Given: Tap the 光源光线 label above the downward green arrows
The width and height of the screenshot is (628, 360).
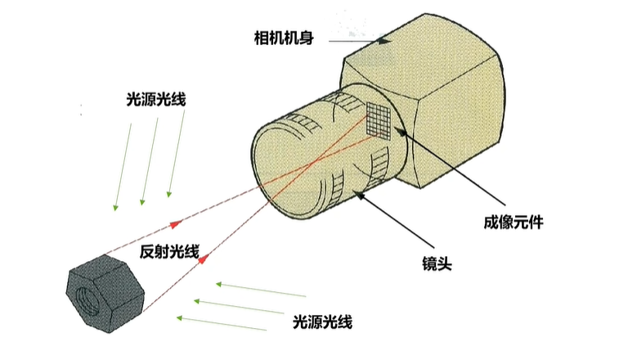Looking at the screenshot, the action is coord(156,101).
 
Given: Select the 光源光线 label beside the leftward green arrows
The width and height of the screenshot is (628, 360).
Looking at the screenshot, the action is coord(322,322).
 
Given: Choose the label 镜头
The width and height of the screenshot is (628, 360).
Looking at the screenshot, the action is coord(433,263).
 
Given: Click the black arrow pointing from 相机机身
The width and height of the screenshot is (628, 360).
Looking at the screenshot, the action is coord(360,38).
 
